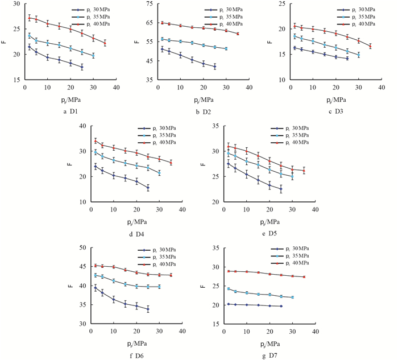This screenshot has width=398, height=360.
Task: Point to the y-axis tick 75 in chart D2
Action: click(147, 4)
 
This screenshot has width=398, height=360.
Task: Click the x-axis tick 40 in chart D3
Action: click(382, 87)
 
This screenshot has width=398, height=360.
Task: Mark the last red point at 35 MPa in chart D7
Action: click(304, 277)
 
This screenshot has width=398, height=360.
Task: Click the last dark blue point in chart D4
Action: click(148, 188)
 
